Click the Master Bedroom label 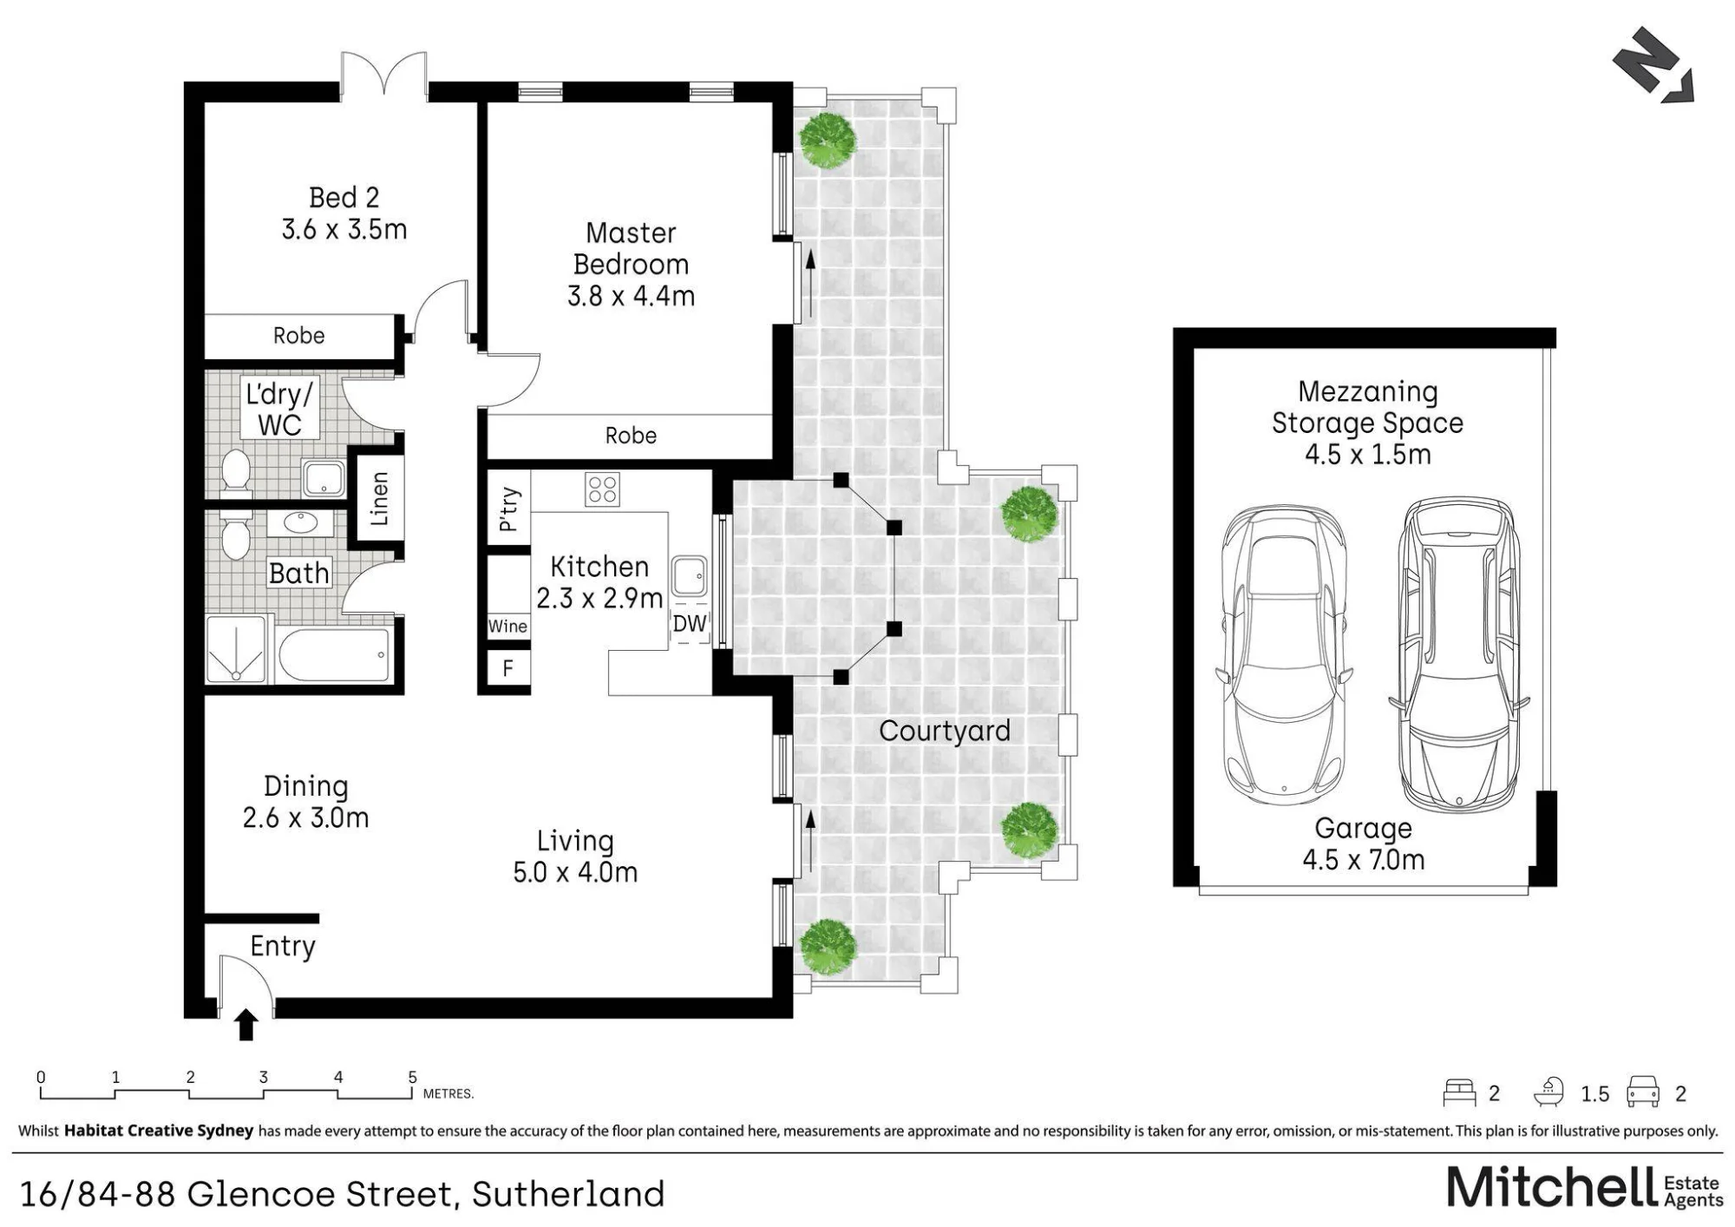[x=631, y=264]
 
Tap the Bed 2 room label [x=344, y=213]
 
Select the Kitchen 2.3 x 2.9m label [x=599, y=582]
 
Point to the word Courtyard [x=945, y=731]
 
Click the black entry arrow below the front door [x=246, y=1024]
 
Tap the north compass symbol [x=1653, y=65]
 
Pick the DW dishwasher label [x=690, y=623]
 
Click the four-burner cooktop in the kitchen [x=602, y=489]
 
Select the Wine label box [x=507, y=627]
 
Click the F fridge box [x=508, y=668]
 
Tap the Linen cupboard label [x=379, y=499]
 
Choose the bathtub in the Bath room [x=334, y=654]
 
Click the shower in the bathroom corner [x=236, y=648]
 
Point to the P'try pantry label [x=509, y=509]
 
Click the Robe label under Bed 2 [x=299, y=336]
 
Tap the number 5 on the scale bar [x=413, y=1077]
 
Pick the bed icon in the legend [x=1459, y=1092]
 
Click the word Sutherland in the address [x=568, y=1194]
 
